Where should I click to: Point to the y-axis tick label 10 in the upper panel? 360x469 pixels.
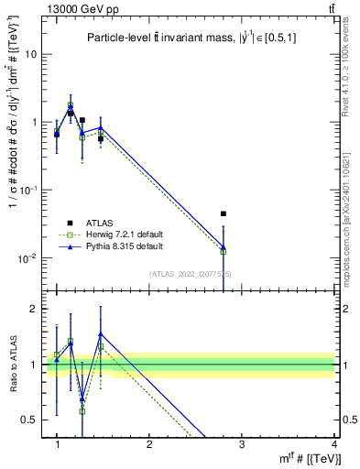30,54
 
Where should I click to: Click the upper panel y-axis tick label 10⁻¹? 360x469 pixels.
28,190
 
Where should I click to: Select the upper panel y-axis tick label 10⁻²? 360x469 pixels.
28,257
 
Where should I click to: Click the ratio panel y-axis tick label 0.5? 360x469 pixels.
28,420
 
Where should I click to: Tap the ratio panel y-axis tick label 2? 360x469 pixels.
33,309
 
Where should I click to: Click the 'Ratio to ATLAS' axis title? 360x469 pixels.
13,364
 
